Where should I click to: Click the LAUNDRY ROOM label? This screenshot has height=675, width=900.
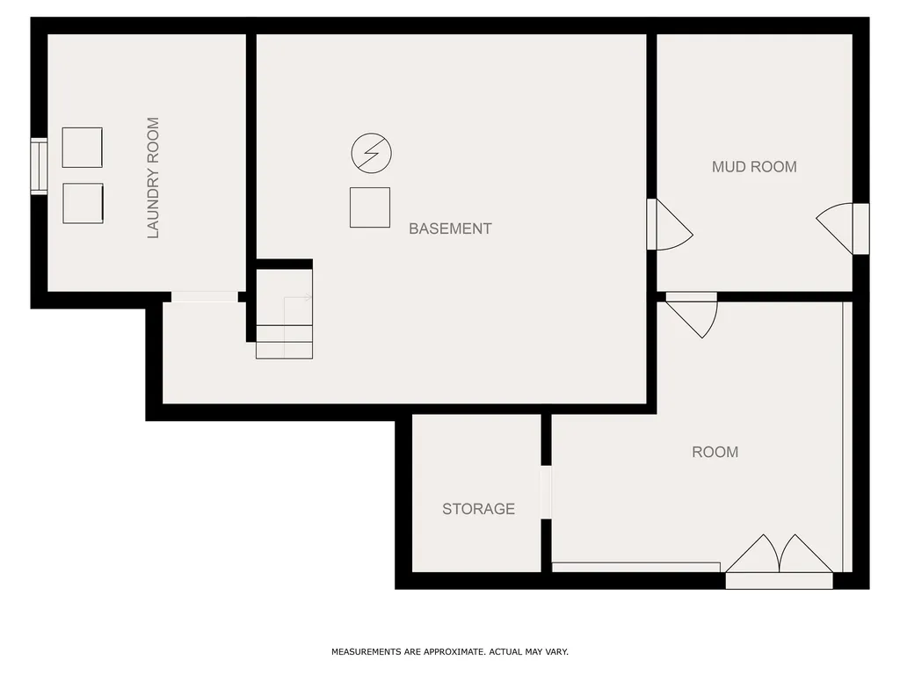pos(153,178)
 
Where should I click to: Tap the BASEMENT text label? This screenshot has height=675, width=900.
pos(450,229)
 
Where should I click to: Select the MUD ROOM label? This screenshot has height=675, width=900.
pos(754,167)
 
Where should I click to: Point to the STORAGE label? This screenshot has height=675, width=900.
pos(478,509)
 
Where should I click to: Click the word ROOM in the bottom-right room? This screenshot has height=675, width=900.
pos(715,453)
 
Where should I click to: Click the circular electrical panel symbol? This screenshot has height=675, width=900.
pos(372,153)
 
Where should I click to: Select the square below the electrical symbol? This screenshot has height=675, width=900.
pos(370,207)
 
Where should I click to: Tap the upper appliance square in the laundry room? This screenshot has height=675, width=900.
pos(82,148)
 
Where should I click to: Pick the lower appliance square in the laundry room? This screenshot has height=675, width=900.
pos(83,203)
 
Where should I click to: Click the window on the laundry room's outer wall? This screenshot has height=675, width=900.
pos(39,166)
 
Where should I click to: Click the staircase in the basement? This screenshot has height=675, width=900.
pos(284,314)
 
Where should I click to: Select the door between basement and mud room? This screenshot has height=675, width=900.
pos(669,224)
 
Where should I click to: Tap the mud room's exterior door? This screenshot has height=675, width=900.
pos(843,229)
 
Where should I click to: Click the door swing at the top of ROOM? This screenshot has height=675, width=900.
pos(692,316)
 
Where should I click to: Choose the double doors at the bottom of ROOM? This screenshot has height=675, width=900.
pos(779,562)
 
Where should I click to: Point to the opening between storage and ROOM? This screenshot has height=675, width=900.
pos(546,492)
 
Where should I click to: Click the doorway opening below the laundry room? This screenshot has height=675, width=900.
pos(204,297)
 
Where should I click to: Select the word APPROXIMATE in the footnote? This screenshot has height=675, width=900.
pos(454,652)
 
